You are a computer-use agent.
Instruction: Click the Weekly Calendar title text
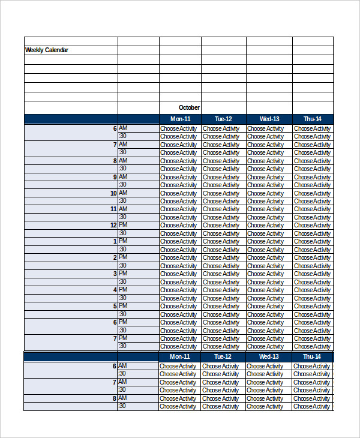pos(46,50)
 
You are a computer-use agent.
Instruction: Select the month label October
pos(189,107)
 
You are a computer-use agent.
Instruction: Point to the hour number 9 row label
pos(115,177)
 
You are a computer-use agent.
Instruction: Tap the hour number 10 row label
pos(113,193)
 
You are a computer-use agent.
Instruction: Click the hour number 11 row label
pos(113,209)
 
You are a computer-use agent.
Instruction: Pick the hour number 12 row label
pos(113,226)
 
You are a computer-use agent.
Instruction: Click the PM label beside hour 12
pos(123,225)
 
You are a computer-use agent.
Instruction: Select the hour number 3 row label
pos(115,274)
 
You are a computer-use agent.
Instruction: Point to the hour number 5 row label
pos(115,306)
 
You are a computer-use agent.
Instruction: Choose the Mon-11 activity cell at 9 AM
pos(179,177)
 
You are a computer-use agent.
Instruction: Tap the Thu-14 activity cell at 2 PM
pos(312,258)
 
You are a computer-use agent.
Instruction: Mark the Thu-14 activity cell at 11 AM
pos(312,209)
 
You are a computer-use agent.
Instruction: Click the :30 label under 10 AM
pos(122,201)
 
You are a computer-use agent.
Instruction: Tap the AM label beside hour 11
pos(123,209)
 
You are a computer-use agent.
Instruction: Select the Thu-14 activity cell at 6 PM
pos(312,322)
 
